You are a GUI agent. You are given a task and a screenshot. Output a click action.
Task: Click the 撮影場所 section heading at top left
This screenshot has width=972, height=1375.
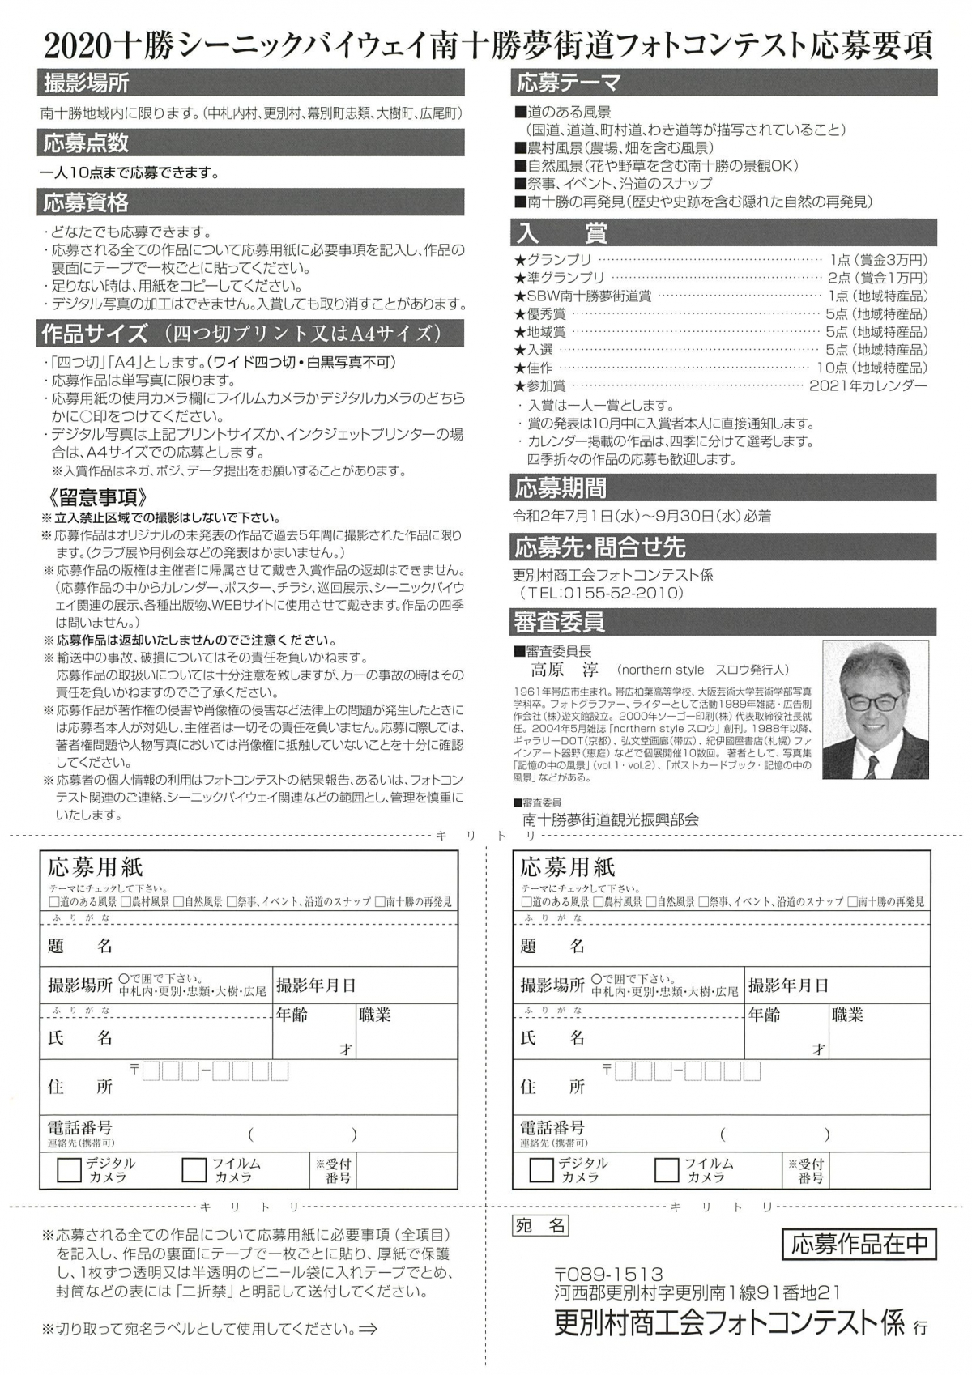coord(87,83)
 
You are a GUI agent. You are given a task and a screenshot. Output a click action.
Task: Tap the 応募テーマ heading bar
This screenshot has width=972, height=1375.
coord(569,83)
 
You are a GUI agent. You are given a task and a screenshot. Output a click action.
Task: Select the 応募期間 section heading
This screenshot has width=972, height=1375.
coord(561,488)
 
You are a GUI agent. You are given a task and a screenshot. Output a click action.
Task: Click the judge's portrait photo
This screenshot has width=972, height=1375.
coord(876,710)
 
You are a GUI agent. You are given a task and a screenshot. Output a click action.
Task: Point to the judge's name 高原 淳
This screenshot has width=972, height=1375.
coord(565,670)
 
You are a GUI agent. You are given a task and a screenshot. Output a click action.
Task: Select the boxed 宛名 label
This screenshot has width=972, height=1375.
coord(540,1226)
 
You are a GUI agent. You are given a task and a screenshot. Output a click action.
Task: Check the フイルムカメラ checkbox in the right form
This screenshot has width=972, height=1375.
coord(666,1170)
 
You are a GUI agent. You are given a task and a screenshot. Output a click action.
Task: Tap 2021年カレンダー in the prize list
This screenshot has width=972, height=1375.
coord(868,386)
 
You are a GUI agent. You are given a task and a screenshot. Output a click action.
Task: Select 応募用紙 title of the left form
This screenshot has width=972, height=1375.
coord(95,867)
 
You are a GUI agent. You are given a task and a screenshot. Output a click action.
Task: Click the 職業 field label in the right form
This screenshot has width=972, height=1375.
coord(846,1015)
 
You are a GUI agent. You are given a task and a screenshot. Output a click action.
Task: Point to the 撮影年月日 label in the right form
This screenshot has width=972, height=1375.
coord(788,985)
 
